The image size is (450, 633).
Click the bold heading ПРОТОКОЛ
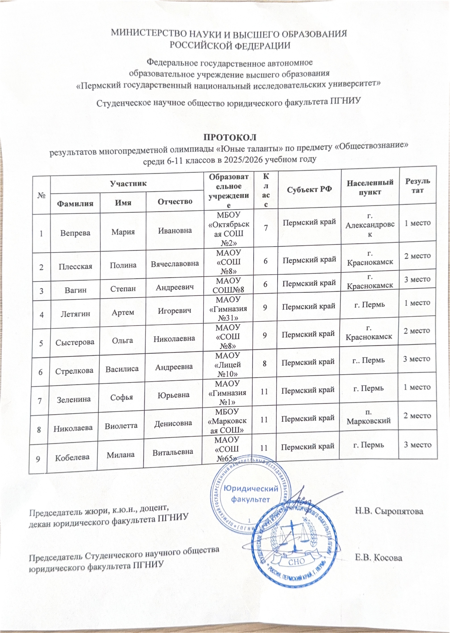tap(230, 137)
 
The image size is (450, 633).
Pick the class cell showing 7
tap(266, 228)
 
